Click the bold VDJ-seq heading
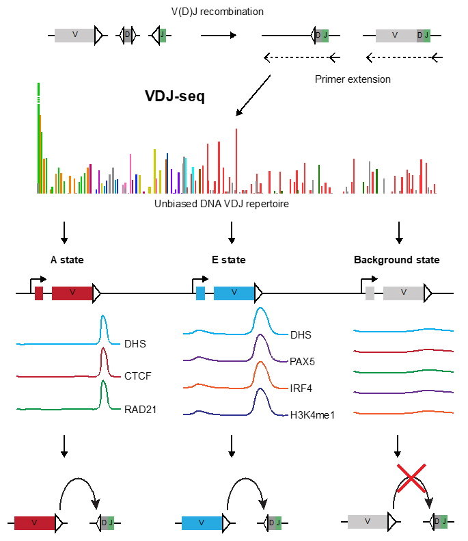click(175, 96)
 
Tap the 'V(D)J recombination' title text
click(217, 12)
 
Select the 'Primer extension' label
click(353, 79)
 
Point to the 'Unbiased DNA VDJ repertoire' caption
click(221, 204)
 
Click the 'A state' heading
click(67, 260)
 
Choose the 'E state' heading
click(229, 260)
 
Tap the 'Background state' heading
click(397, 260)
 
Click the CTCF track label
click(138, 375)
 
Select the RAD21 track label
click(140, 410)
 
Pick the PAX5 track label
click(302, 362)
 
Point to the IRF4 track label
click(301, 388)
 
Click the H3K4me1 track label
click(312, 415)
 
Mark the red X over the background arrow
click(411, 478)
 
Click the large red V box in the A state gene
click(72, 293)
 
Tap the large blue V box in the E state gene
click(234, 293)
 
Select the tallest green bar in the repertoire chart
click(38, 138)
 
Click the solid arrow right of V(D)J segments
click(219, 35)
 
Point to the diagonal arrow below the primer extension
click(253, 95)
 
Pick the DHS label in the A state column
click(135, 344)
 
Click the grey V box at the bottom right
click(368, 522)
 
